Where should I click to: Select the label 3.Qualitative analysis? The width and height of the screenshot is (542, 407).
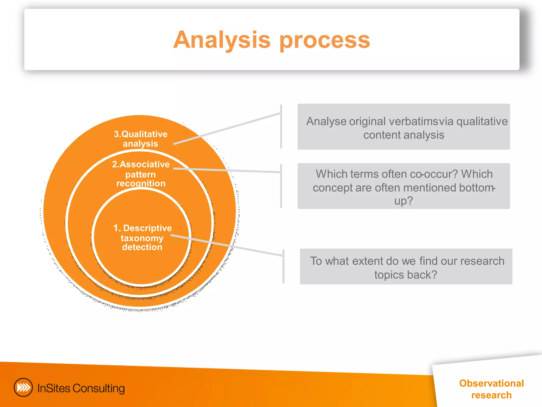pos(141,139)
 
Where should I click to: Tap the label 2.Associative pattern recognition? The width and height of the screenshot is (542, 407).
pos(141,174)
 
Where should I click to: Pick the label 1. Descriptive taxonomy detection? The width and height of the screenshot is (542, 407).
pos(142,237)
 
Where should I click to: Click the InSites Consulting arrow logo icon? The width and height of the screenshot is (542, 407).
pos(23,387)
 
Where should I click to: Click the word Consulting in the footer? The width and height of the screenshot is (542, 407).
pos(98,388)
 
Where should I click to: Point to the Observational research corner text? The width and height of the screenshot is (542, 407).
pos(491,389)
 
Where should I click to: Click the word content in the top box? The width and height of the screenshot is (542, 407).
pos(382,135)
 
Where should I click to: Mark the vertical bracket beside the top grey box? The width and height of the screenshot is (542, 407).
pos(281,127)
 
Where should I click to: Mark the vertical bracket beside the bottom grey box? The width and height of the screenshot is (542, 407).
pos(283,266)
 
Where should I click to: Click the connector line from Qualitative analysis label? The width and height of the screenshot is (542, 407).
pos(228,129)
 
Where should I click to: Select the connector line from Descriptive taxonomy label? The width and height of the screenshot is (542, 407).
pos(228,245)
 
